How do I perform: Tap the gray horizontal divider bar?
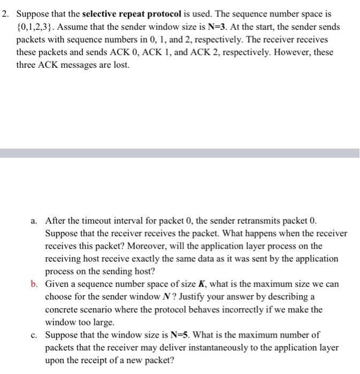coord(180,153)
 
